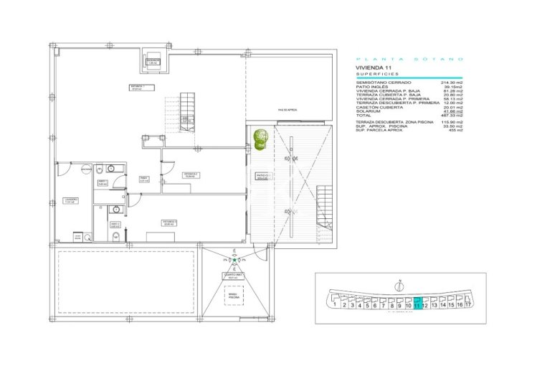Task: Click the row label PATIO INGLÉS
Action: [374, 87]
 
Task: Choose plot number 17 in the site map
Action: [467, 304]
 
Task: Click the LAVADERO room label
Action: [69, 201]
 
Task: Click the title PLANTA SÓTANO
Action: [409, 58]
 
